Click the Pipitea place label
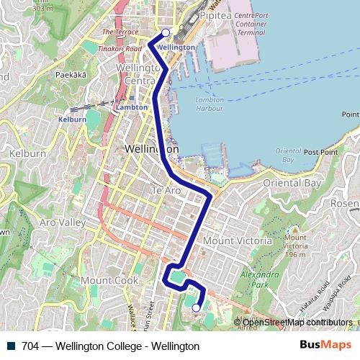pos(217,14)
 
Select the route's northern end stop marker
pos(166,32)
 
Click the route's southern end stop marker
pos(196,308)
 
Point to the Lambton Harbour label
pos(210,105)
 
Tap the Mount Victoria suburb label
pos(238,240)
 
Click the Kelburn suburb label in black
pos(27,153)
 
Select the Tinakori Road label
pos(121,49)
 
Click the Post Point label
pos(320,152)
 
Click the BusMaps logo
pos(325,346)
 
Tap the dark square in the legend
pos(11,346)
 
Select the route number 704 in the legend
pos(30,346)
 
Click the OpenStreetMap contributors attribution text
pos(297,323)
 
